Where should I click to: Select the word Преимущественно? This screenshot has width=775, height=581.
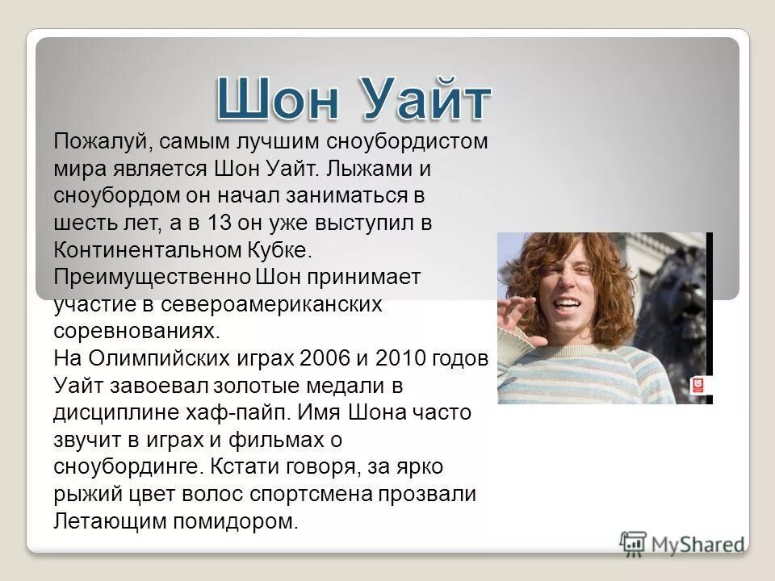152,277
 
